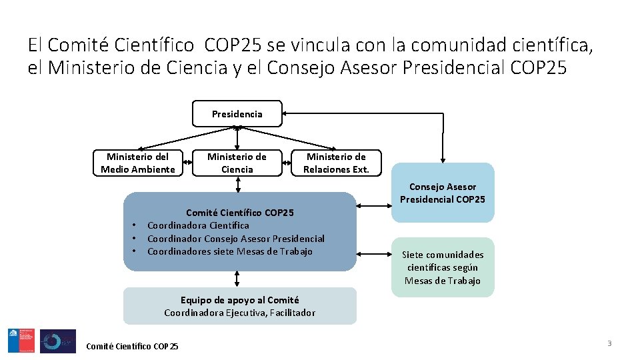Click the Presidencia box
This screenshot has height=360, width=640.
[237, 114]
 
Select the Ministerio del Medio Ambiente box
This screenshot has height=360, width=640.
[138, 163]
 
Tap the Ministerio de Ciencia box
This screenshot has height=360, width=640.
[237, 163]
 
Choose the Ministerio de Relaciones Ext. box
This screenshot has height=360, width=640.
[336, 163]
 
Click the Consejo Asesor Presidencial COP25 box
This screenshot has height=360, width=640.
[443, 193]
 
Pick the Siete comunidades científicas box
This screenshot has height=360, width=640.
[443, 267]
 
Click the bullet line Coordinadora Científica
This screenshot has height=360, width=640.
[198, 225]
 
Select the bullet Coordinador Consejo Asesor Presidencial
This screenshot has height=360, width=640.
[235, 239]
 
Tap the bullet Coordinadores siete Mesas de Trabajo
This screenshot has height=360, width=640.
[229, 251]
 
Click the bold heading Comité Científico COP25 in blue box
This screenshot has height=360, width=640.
[240, 213]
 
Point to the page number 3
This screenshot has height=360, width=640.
[609, 343]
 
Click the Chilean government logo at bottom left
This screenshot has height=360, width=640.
[21, 341]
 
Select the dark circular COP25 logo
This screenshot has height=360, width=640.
[58, 341]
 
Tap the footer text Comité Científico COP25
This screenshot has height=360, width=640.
[132, 346]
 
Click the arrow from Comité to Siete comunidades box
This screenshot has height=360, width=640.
[374, 253]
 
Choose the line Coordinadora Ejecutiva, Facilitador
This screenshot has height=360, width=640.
[240, 313]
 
